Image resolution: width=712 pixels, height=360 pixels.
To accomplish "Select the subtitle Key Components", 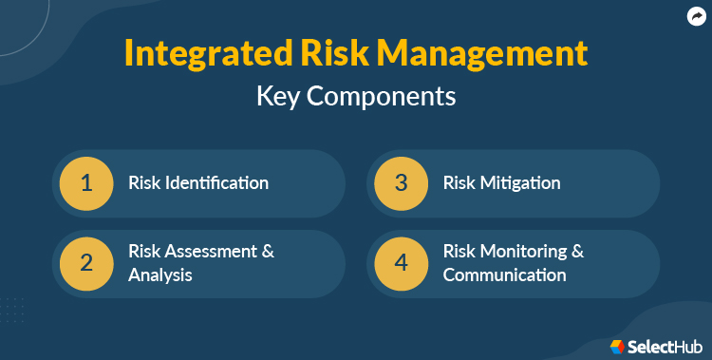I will click(x=356, y=96).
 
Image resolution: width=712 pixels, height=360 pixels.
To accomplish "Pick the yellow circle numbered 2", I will click(x=86, y=263).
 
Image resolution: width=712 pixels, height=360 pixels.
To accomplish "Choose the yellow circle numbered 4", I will click(x=402, y=263).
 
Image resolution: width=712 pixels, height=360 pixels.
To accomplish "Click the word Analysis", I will click(x=160, y=275).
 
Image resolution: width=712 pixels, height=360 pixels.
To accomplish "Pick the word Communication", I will click(x=504, y=275).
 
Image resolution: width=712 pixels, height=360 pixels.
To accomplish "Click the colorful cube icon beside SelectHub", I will click(x=617, y=346).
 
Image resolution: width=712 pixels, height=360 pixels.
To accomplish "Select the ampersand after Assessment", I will click(x=268, y=252).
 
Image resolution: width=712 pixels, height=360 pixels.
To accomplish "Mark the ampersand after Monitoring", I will click(x=577, y=252).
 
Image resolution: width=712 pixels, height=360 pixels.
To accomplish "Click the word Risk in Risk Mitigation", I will click(x=459, y=182).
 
